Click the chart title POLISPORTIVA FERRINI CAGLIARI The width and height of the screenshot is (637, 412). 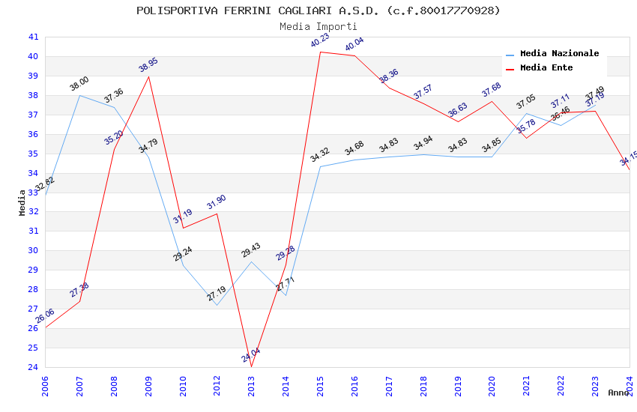(318, 10)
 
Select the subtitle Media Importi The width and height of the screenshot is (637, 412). (318, 26)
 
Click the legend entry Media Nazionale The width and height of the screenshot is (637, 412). (559, 54)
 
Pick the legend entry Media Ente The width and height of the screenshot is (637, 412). (546, 68)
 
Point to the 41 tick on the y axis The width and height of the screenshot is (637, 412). (33, 37)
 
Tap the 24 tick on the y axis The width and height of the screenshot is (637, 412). (33, 367)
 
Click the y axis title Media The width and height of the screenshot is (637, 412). (22, 202)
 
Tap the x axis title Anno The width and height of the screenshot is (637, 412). (618, 393)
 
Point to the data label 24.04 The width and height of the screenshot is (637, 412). (251, 355)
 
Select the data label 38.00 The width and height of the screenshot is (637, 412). (79, 84)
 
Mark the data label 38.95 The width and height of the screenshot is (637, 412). (148, 65)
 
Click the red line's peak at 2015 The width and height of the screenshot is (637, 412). (320, 52)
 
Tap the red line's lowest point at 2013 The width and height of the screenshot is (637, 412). (251, 366)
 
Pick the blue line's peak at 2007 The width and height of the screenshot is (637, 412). (79, 95)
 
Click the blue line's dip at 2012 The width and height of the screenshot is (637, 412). (217, 305)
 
